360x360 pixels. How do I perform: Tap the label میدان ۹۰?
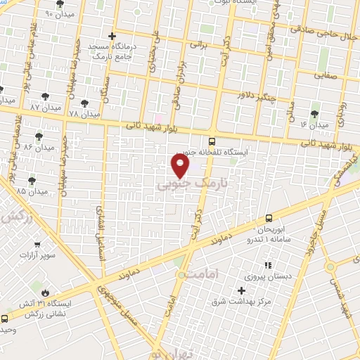59,14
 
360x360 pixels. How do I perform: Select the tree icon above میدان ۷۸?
84,103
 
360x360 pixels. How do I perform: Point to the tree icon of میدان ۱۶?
314,112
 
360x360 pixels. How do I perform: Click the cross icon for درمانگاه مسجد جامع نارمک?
111,35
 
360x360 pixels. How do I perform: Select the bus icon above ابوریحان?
269,218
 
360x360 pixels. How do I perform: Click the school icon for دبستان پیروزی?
267,265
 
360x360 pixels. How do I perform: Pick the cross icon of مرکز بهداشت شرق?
242,290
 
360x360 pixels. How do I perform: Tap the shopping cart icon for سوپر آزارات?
37,245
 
